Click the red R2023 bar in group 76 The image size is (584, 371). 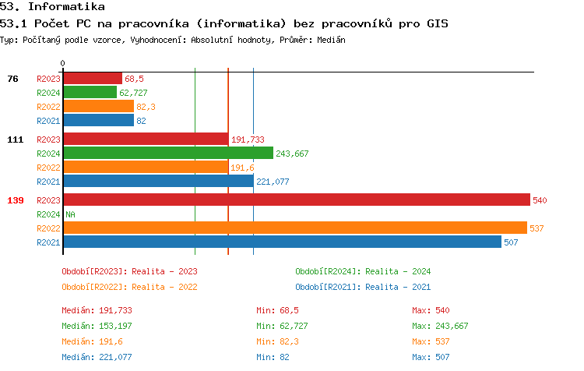click(93, 79)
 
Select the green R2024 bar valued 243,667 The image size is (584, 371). click(168, 154)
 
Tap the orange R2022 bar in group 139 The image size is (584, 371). click(295, 228)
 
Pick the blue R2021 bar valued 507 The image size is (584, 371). click(282, 242)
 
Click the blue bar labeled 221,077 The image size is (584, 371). click(158, 182)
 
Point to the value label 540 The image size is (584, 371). click(540, 200)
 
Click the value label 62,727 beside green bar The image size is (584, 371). click(133, 93)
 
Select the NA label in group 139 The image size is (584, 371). click(70, 214)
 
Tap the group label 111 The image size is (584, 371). click(15, 140)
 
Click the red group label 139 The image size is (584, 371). click(15, 200)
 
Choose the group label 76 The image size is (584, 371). click(12, 79)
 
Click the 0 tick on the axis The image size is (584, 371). click(63, 63)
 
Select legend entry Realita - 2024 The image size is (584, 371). click(363, 271)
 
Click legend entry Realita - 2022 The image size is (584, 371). click(129, 286)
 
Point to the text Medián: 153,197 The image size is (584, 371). click(97, 326)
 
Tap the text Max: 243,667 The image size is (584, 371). click(440, 326)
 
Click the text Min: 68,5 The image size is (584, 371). click(278, 310)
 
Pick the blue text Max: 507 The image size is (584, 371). click(431, 357)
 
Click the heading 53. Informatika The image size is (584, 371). click(52, 6)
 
